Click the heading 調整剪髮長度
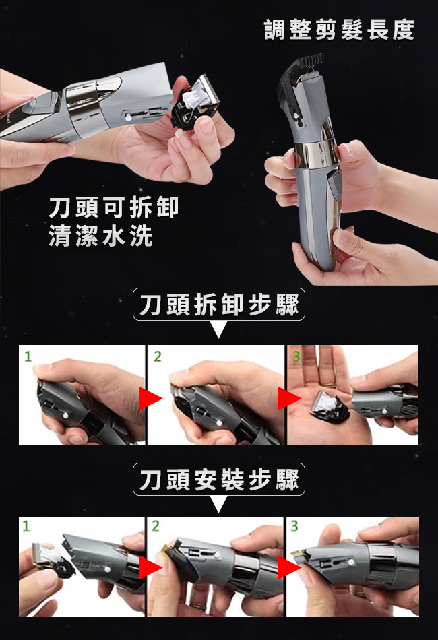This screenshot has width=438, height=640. [339, 30]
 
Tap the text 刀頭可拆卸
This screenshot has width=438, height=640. [113, 207]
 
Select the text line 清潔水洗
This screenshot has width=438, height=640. [100, 236]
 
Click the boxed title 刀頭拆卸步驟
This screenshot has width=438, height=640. [219, 304]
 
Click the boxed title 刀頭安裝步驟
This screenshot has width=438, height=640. [219, 479]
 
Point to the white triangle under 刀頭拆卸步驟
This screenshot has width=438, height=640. [219, 329]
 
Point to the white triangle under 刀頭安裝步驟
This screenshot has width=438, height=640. [219, 504]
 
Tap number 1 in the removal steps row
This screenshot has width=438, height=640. [28, 357]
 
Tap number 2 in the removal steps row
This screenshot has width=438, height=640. [157, 357]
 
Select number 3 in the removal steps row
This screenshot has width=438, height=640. [296, 357]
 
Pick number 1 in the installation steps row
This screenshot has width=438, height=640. [26, 526]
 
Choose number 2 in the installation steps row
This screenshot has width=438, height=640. [156, 526]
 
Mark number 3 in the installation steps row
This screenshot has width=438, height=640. [294, 526]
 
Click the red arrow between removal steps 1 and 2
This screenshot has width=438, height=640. [150, 398]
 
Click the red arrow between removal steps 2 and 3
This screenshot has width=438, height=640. [288, 398]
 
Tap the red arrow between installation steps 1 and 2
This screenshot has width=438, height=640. [150, 567]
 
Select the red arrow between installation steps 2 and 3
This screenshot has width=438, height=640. [288, 567]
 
